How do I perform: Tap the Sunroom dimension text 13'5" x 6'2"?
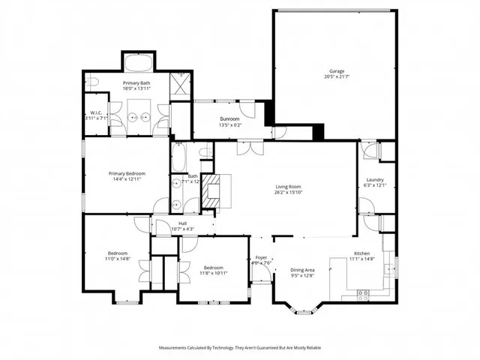229,124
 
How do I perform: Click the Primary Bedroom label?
126,173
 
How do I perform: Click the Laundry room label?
375,180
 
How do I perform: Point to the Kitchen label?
363,254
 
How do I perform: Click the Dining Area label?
302,270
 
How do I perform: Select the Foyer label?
259,257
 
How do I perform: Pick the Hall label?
182,223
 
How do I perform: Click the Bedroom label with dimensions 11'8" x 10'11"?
214,268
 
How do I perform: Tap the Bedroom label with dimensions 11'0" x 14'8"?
117,253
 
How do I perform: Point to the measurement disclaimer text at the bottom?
239,348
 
